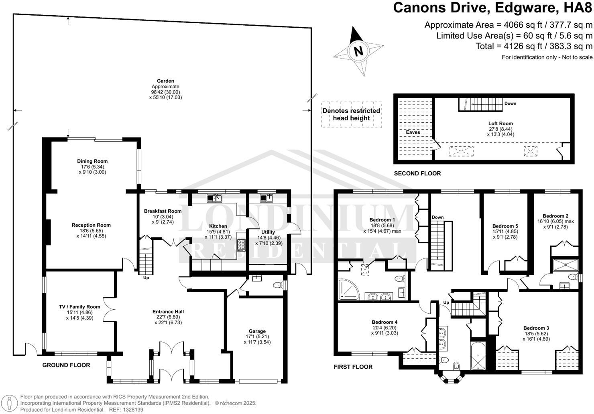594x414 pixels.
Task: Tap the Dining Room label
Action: (x=92, y=161)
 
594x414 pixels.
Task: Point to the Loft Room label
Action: (x=500, y=124)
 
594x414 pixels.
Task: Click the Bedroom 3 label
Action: (x=536, y=328)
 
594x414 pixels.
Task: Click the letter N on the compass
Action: (x=358, y=51)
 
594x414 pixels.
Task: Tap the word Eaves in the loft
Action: (x=413, y=132)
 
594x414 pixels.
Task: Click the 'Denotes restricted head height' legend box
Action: (x=351, y=114)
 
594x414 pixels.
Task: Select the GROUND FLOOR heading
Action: (x=66, y=365)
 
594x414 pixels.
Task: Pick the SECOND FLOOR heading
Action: (x=417, y=174)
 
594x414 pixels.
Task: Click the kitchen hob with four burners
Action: (x=242, y=245)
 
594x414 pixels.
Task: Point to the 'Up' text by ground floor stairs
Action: (x=146, y=278)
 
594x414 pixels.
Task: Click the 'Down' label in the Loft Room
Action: (x=510, y=103)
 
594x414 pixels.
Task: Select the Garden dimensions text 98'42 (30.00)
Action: (x=165, y=92)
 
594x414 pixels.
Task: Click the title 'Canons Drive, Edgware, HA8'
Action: (x=492, y=8)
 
